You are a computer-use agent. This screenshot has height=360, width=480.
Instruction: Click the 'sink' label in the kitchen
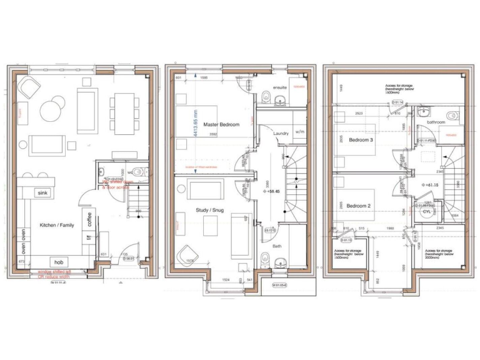42,193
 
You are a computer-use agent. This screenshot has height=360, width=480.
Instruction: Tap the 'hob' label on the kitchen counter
58,262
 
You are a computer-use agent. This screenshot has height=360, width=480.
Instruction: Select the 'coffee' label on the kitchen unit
89,220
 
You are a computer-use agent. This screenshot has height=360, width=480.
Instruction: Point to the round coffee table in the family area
51,112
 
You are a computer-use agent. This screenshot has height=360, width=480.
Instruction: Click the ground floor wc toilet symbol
139,172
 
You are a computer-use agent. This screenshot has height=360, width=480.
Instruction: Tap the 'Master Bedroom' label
221,125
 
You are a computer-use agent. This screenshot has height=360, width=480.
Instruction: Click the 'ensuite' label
279,87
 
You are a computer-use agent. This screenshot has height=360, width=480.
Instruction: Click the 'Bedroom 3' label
361,140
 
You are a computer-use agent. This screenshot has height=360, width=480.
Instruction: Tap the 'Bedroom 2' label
359,206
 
